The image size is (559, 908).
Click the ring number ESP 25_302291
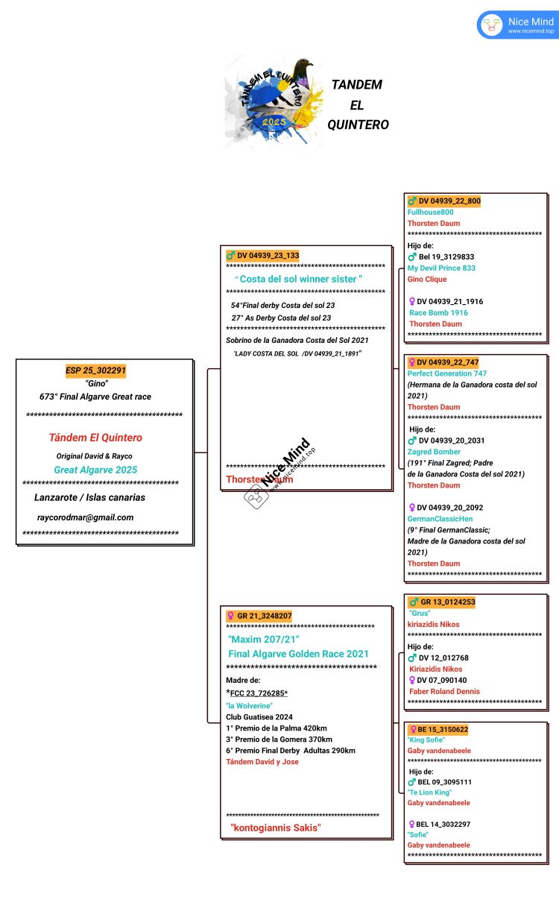(x=95, y=371)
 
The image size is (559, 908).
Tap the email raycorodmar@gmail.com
(x=85, y=517)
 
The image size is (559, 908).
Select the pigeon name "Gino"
(x=97, y=383)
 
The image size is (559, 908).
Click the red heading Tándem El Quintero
(x=95, y=438)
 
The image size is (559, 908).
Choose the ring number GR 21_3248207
(x=264, y=616)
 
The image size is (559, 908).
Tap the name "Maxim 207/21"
(x=264, y=640)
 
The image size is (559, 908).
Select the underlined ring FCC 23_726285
(x=257, y=693)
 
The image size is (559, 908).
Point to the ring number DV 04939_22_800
(x=449, y=201)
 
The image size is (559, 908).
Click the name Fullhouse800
(x=431, y=212)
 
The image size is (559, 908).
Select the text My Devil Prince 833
(x=441, y=268)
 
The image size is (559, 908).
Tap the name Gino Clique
(x=427, y=280)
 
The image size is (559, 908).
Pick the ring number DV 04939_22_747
(x=447, y=362)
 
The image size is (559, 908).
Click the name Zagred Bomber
(x=435, y=452)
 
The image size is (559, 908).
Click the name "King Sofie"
(x=426, y=740)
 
